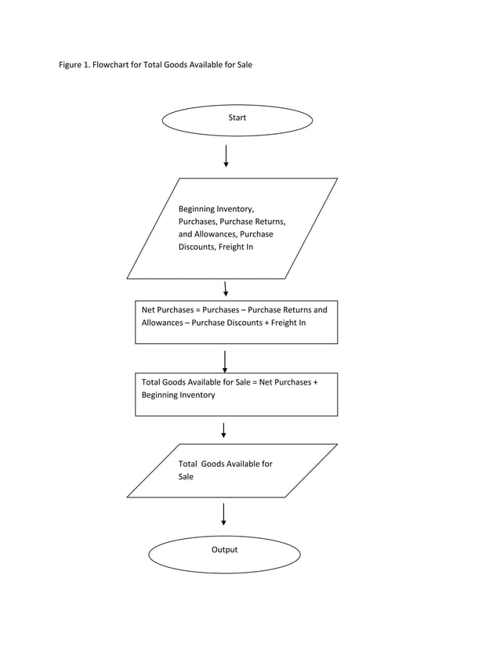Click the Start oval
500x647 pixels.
[x=237, y=120]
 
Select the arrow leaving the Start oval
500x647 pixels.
[x=226, y=156]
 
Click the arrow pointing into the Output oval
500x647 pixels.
[x=224, y=514]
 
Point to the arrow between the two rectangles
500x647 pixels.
[x=225, y=361]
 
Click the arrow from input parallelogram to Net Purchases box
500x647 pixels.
[x=226, y=289]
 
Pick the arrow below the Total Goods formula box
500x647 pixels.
[x=224, y=430]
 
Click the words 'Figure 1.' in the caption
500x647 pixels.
[x=74, y=65]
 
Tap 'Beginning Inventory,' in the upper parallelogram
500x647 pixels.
[x=216, y=209]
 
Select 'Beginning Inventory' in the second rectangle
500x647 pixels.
[x=178, y=395]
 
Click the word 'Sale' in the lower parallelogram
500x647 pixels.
[x=186, y=476]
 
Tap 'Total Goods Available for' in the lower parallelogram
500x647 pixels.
[x=226, y=464]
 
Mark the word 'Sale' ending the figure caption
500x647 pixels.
[x=244, y=65]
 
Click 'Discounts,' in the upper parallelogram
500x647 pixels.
[x=197, y=247]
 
